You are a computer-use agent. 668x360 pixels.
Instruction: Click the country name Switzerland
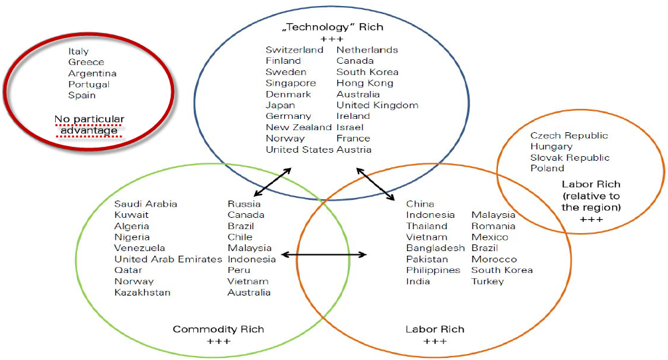[294, 50]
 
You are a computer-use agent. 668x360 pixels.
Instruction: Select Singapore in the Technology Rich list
[291, 83]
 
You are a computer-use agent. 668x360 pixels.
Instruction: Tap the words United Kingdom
[377, 105]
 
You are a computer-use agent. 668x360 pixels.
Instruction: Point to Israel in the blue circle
[350, 127]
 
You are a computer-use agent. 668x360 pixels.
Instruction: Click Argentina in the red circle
[92, 73]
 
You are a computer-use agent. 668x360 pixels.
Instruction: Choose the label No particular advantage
[90, 124]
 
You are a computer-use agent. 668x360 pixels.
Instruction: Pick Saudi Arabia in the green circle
[145, 204]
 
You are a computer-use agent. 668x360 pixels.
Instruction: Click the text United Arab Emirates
[168, 259]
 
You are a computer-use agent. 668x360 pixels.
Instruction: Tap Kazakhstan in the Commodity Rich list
[142, 292]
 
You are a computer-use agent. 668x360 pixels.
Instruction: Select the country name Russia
[244, 204]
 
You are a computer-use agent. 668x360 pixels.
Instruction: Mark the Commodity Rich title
[218, 329]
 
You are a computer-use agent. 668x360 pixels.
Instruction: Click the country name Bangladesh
[436, 248]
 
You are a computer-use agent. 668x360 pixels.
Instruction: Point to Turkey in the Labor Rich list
[487, 281]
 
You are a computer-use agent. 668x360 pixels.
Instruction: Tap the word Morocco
[494, 259]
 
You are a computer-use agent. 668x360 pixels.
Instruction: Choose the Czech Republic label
[569, 135]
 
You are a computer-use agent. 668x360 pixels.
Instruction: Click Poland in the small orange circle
[547, 168]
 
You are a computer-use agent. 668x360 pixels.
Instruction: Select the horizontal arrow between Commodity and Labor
[324, 255]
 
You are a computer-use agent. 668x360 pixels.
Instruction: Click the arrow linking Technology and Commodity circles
[272, 183]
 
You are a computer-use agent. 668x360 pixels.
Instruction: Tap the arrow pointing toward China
[376, 184]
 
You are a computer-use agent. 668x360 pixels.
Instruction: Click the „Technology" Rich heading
[333, 27]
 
